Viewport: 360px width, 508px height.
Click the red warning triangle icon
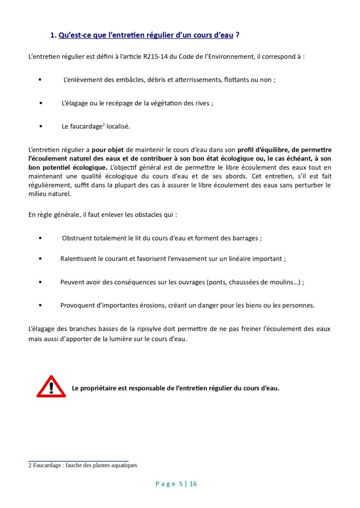click(51, 387)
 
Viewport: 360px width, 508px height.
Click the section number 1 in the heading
click(53, 35)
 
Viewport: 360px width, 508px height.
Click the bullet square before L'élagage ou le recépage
click(40, 103)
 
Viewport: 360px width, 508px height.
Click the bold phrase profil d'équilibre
click(263, 150)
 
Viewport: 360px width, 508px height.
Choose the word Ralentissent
click(78, 259)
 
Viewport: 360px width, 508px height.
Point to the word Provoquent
click(78, 306)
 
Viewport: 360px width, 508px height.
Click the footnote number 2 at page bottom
click(30, 465)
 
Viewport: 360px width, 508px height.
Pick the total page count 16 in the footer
click(193, 484)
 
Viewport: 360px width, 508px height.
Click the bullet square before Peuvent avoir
click(40, 282)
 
